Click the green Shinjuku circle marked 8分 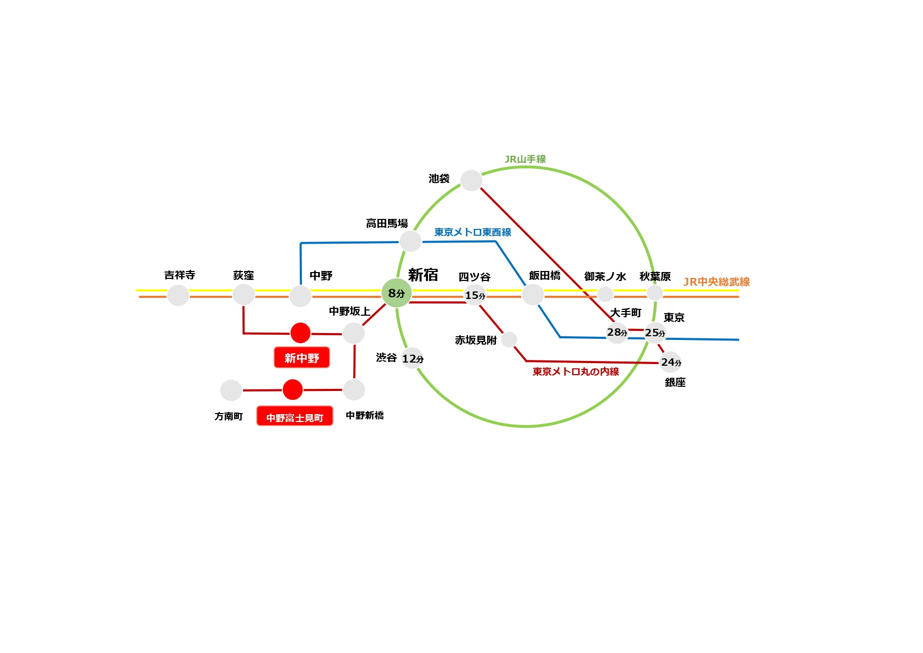[397, 293]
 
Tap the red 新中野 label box [301, 358]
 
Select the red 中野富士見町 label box [295, 416]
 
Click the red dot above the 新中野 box [300, 333]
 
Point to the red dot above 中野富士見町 [292, 390]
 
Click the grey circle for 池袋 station [471, 180]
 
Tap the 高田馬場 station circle [410, 242]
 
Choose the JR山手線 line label [525, 159]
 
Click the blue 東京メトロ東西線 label [472, 232]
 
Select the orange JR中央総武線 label [716, 282]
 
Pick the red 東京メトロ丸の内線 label [575, 371]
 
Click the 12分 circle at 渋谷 [413, 358]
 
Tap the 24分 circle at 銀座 [671, 362]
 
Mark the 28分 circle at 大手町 [617, 333]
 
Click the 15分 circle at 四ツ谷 [475, 295]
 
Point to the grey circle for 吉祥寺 [178, 295]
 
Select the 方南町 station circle [231, 390]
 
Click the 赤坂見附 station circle [509, 339]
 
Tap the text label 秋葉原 [655, 276]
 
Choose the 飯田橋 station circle [532, 295]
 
